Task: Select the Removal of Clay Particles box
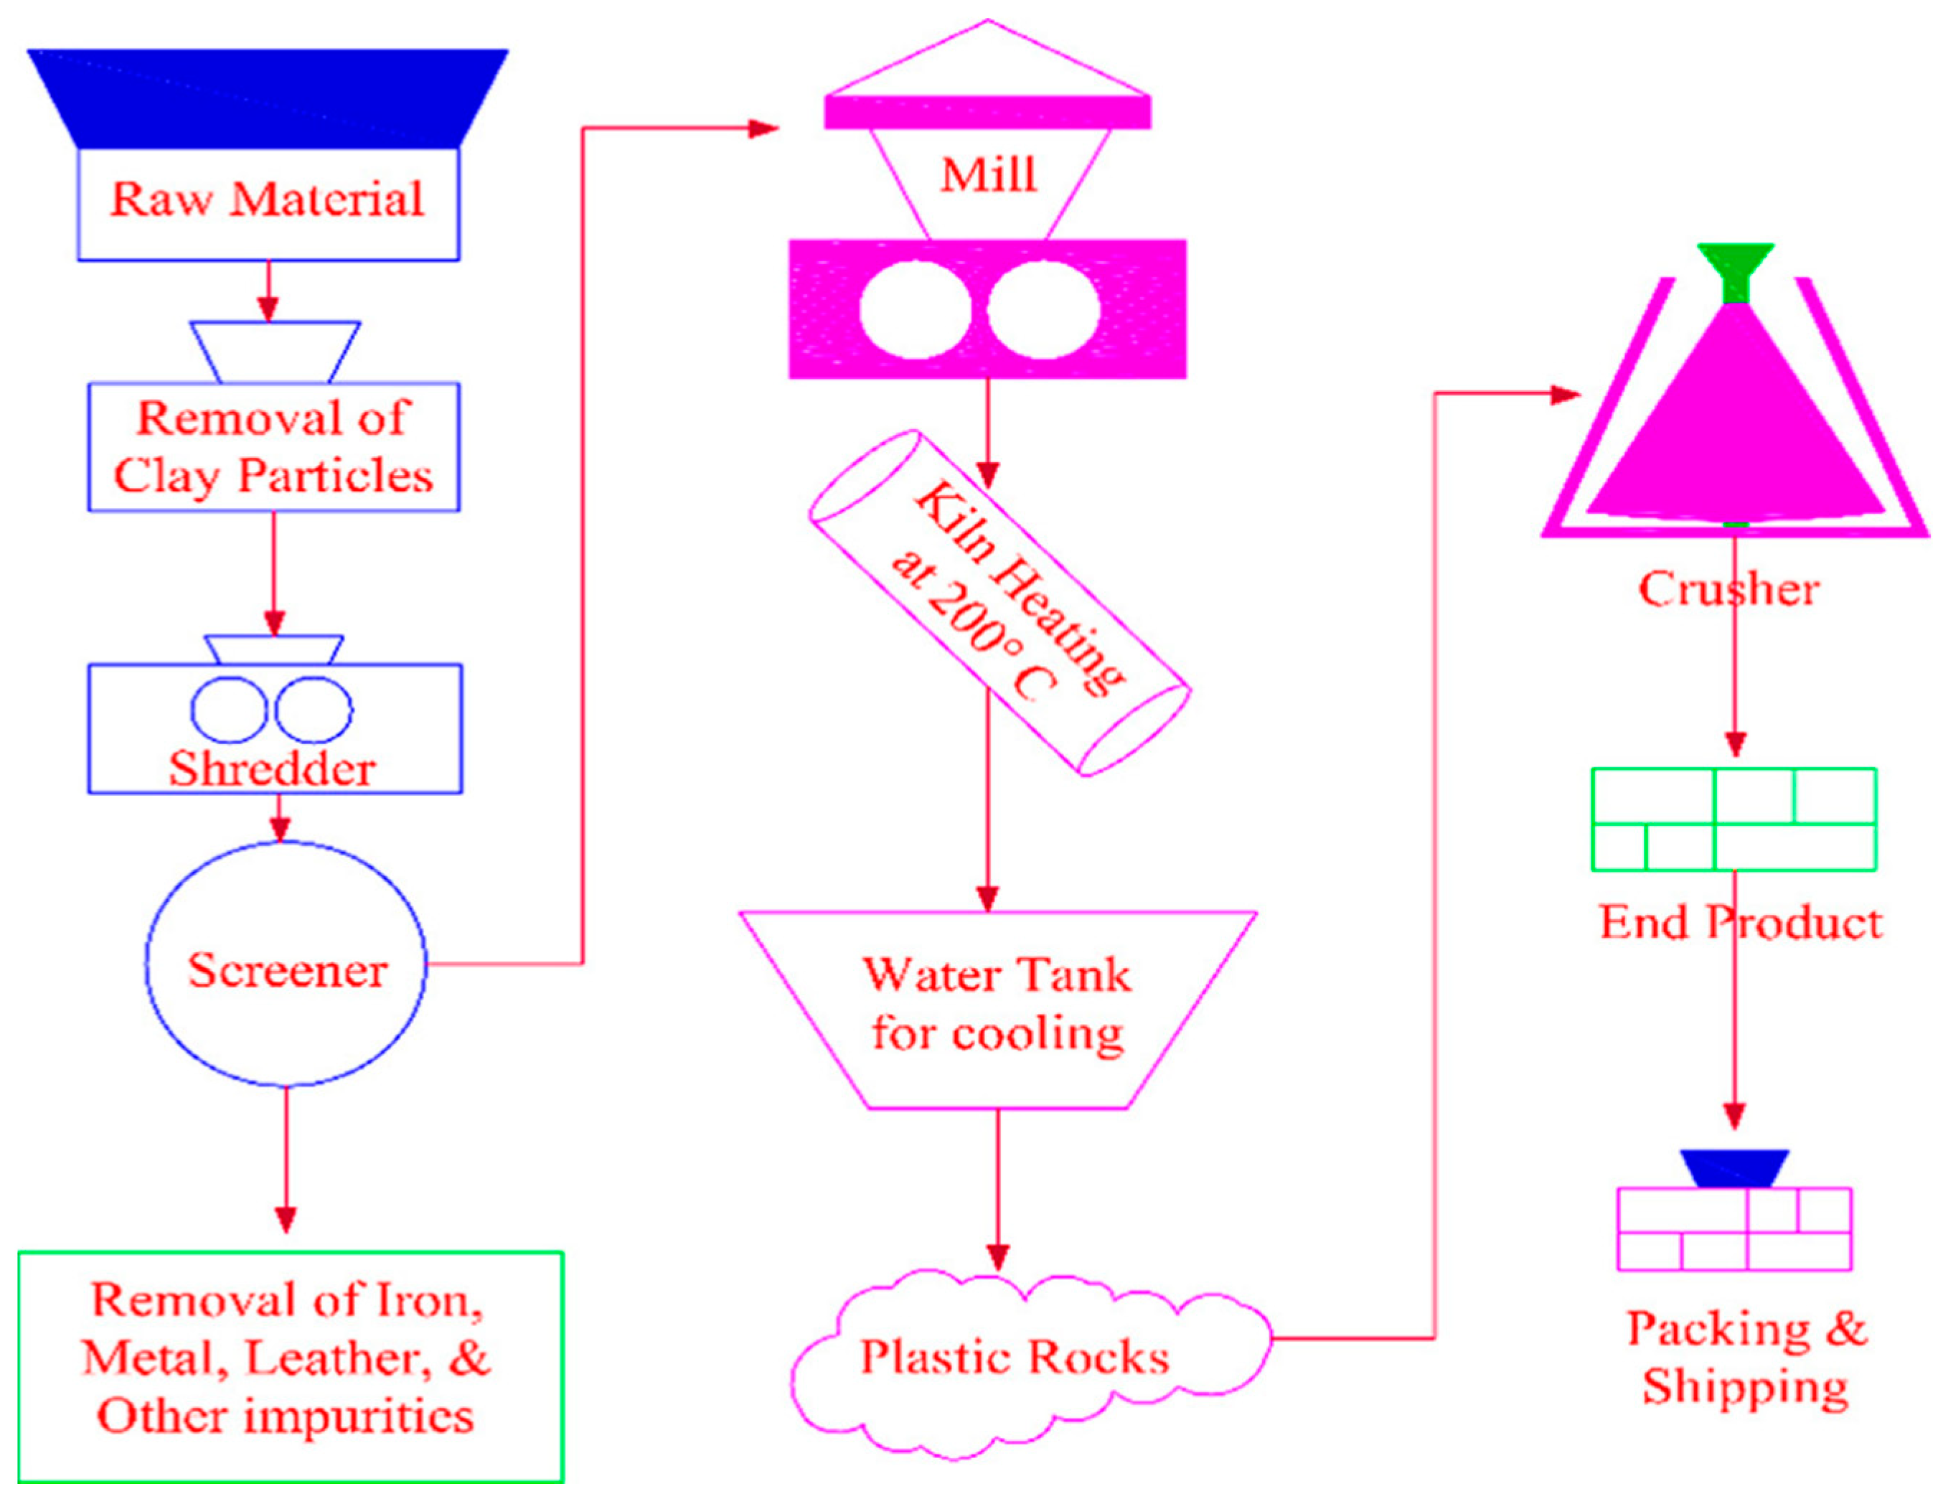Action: (273, 448)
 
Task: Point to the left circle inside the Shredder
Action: (229, 710)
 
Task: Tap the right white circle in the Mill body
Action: (1043, 309)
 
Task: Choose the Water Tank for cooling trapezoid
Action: (997, 1009)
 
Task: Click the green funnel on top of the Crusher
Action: (1736, 271)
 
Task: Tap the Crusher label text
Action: (1728, 589)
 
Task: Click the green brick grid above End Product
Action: (1734, 819)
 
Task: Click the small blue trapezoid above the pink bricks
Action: (1734, 1168)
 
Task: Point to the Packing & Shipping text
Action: (1746, 1358)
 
